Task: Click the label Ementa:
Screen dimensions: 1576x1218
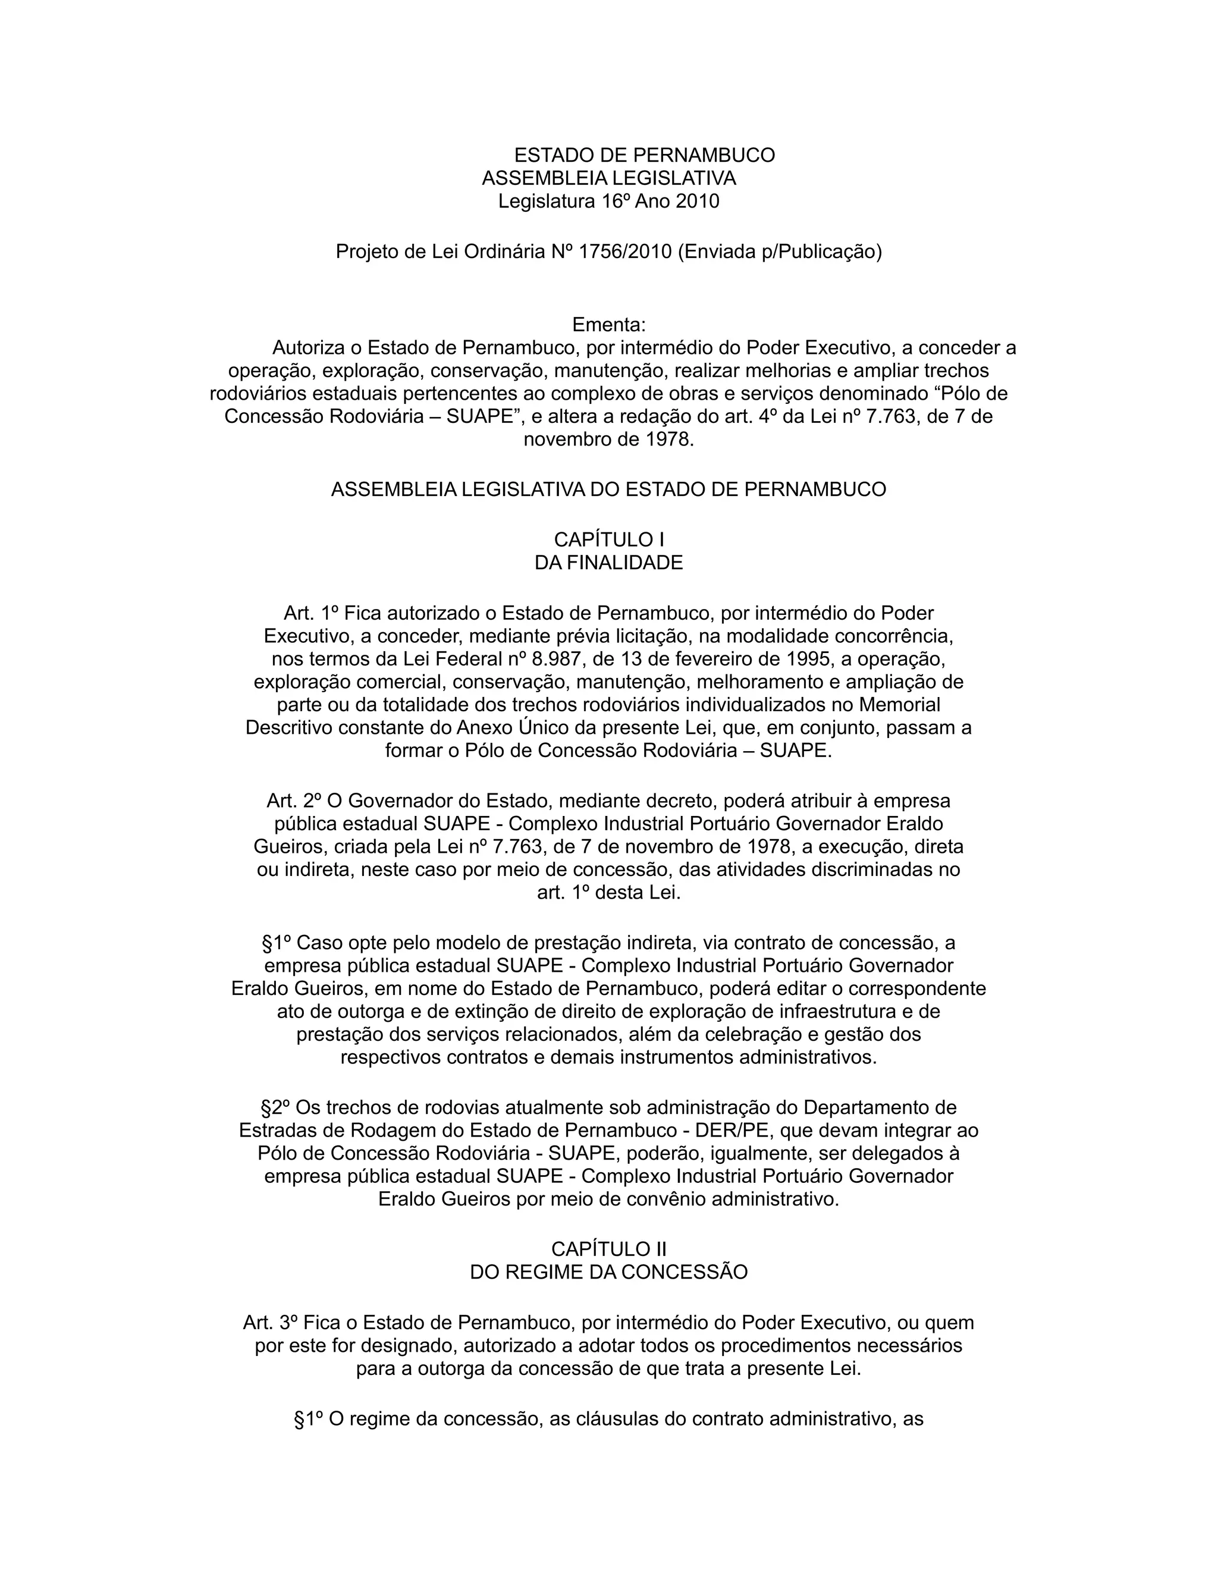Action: [608, 325]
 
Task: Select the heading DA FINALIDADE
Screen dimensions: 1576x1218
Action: [608, 563]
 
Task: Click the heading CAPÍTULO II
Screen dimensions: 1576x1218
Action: [608, 1249]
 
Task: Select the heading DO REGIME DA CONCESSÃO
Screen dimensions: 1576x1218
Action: [608, 1272]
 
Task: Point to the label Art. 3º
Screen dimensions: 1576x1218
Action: [270, 1323]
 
